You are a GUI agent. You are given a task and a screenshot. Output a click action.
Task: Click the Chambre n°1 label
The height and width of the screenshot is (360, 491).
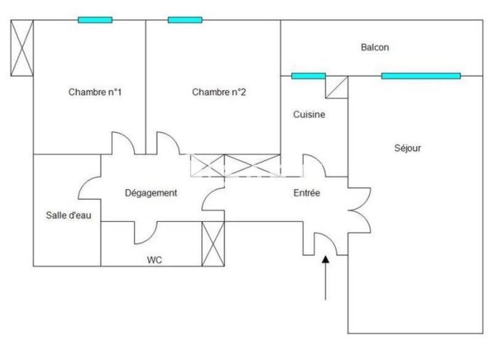pos(95,93)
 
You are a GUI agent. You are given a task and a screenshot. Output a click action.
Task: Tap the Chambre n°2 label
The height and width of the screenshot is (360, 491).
pos(219,93)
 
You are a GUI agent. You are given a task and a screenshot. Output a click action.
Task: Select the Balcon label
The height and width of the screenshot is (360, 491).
pos(375,47)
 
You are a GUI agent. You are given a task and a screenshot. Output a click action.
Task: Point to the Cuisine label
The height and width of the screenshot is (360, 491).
pos(309,114)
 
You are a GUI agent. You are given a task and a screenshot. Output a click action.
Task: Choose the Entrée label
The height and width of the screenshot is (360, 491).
pos(306,193)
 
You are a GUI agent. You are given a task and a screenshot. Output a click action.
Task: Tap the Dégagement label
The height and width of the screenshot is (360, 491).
pos(151,193)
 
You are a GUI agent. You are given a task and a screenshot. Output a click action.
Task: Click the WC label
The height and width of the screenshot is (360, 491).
pos(154,260)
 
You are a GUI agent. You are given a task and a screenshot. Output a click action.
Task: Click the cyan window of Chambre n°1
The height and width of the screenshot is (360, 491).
pos(95,20)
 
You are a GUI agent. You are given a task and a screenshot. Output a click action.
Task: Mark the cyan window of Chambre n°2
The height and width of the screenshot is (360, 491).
pos(185,20)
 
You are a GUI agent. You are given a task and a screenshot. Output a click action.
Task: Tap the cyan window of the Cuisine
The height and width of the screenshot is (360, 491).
pos(308,76)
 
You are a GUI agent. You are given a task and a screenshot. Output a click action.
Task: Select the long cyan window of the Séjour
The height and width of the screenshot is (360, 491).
pos(420,76)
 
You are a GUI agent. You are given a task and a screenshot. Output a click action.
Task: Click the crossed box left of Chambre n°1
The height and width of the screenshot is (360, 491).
pos(22,47)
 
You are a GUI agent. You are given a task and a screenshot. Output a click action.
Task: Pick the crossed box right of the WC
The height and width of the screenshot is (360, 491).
pos(214,243)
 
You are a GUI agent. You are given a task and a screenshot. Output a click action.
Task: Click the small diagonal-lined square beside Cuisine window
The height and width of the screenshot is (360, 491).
pos(336,86)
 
